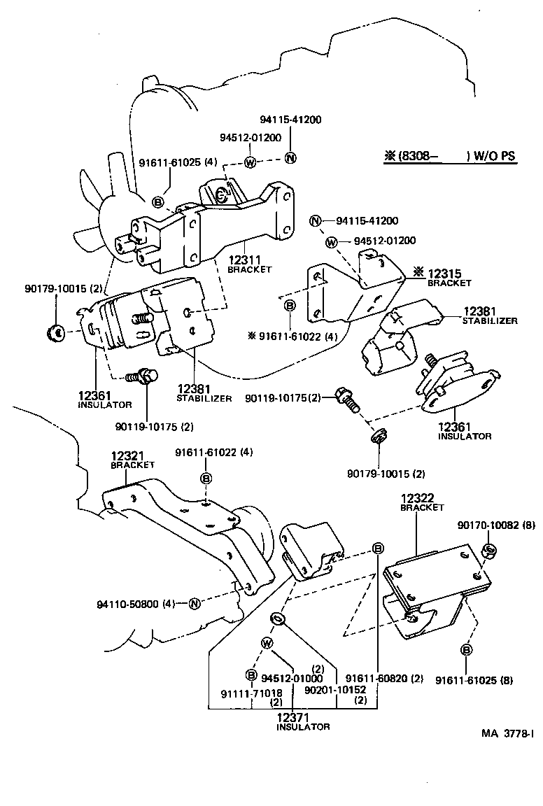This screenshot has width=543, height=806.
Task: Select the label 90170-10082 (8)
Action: [x=496, y=525]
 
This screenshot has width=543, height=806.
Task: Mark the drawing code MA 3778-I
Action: [x=507, y=734]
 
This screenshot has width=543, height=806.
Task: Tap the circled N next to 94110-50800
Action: [x=195, y=603]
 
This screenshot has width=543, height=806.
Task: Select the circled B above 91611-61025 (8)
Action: [x=466, y=650]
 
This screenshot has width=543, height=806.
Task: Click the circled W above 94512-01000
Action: [x=266, y=643]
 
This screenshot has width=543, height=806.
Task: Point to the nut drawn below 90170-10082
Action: [x=489, y=551]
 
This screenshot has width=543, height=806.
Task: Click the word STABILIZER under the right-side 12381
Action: [x=489, y=321]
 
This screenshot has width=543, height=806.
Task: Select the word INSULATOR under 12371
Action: [x=302, y=728]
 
